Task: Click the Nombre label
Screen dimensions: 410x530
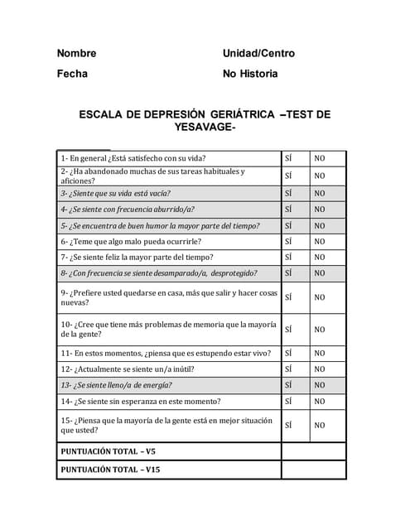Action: [76, 53]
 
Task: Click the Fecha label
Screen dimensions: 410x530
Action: [72, 74]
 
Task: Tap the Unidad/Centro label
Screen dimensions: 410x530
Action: [258, 53]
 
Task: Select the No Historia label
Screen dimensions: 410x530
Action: [250, 74]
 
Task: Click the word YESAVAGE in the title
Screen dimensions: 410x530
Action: [204, 128]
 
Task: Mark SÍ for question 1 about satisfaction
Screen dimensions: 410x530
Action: [288, 158]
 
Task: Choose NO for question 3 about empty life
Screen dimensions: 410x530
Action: [319, 194]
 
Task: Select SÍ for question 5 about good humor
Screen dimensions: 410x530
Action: [288, 225]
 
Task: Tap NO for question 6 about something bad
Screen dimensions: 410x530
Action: [319, 242]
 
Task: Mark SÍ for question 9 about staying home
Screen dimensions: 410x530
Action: [288, 297]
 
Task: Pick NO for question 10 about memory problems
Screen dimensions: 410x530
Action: [319, 330]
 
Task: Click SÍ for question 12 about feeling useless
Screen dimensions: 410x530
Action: [288, 369]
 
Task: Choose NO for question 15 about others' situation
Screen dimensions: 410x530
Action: [319, 426]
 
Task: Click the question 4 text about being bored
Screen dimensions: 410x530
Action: [128, 210]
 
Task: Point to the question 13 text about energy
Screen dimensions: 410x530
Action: [117, 385]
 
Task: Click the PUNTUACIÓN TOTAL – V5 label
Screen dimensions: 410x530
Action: [109, 451]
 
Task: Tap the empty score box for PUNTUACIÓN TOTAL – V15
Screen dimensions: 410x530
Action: [313, 470]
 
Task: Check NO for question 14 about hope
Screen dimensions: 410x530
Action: [319, 402]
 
